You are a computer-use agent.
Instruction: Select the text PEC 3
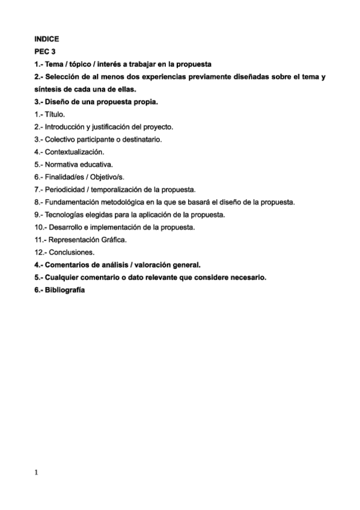click(x=45, y=52)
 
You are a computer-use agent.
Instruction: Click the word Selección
click(x=64, y=77)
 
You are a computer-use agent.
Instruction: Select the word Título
click(x=55, y=114)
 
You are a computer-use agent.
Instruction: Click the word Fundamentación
click(x=74, y=202)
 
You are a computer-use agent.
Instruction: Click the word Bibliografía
click(x=65, y=290)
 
